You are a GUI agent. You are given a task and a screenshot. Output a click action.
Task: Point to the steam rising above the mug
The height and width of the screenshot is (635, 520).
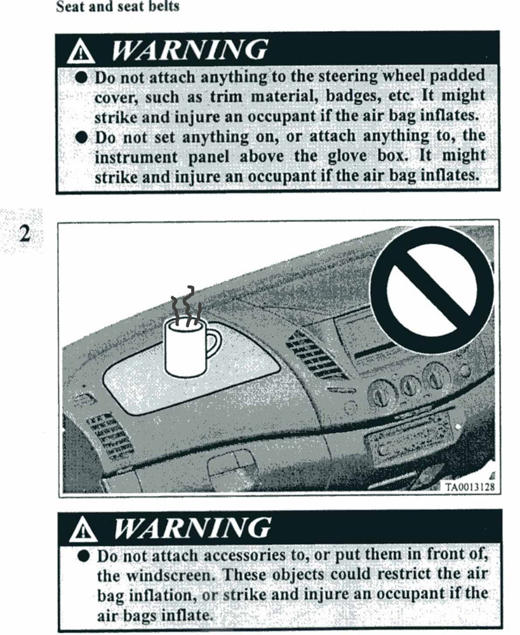click(x=185, y=306)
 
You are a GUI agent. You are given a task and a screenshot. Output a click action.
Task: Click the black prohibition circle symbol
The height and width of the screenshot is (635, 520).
click(x=432, y=288)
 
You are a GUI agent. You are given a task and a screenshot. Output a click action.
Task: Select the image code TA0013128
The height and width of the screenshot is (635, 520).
click(x=470, y=486)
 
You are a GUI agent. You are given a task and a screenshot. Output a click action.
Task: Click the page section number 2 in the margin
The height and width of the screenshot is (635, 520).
click(x=25, y=233)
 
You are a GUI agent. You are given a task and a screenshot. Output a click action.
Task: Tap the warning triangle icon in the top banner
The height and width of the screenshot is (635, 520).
click(x=81, y=52)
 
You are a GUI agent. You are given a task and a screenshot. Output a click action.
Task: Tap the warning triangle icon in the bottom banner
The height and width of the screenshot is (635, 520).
click(x=83, y=530)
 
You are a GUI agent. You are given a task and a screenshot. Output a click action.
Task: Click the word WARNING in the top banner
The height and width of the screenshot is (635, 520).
click(x=189, y=50)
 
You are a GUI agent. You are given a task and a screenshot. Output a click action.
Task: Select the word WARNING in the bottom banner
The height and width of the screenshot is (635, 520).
click(x=192, y=528)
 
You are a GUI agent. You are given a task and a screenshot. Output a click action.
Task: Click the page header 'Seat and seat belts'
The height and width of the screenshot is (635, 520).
click(x=117, y=6)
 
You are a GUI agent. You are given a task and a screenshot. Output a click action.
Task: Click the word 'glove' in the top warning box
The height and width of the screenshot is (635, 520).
click(x=344, y=156)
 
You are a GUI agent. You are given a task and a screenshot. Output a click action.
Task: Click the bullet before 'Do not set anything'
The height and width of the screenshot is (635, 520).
click(x=82, y=138)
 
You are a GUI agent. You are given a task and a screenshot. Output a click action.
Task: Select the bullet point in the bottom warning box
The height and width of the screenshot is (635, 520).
click(x=83, y=556)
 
